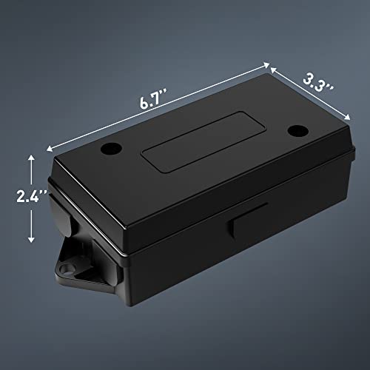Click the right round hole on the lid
pyautogui.click(x=297, y=130)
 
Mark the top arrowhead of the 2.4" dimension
pyautogui.click(x=31, y=157)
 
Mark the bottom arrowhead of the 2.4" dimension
pyautogui.click(x=31, y=241)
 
